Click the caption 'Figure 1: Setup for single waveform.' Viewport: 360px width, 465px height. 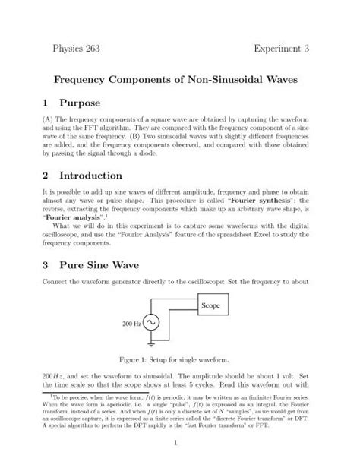coord(179,357)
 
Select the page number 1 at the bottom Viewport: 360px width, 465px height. coord(180,443)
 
